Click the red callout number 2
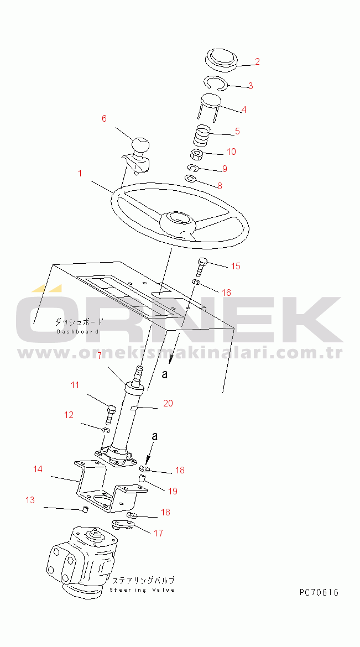(257, 62)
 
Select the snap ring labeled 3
(217, 84)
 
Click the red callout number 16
(226, 293)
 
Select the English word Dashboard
(77, 331)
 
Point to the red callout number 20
(168, 403)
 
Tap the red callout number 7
(100, 355)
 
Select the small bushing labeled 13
(86, 509)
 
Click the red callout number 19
(173, 491)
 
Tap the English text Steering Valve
(142, 590)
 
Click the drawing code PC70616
(319, 593)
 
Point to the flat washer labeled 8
(190, 179)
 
